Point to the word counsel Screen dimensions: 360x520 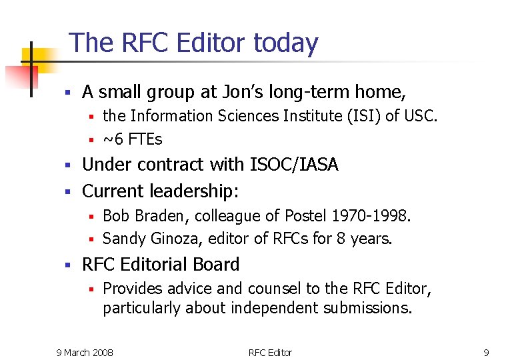[272, 289]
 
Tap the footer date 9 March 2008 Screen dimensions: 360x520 [84, 352]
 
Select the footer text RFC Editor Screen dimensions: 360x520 [270, 352]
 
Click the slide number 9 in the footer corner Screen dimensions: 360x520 [486, 352]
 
